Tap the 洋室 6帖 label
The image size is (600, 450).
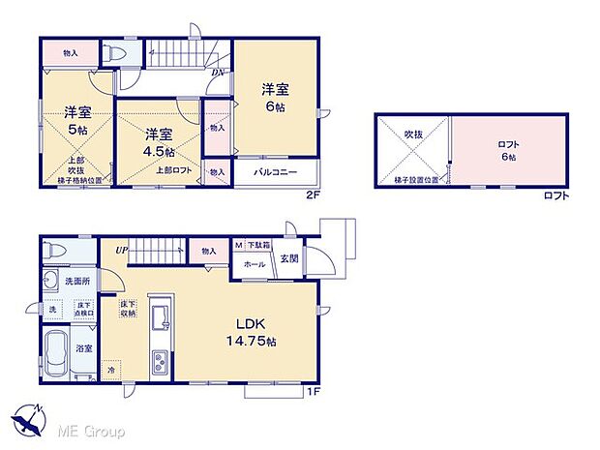(276, 98)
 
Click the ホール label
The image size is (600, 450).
(255, 263)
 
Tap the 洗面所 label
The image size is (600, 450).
(76, 281)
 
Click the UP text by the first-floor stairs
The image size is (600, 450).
(121, 250)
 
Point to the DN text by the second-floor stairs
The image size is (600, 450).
(219, 73)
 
